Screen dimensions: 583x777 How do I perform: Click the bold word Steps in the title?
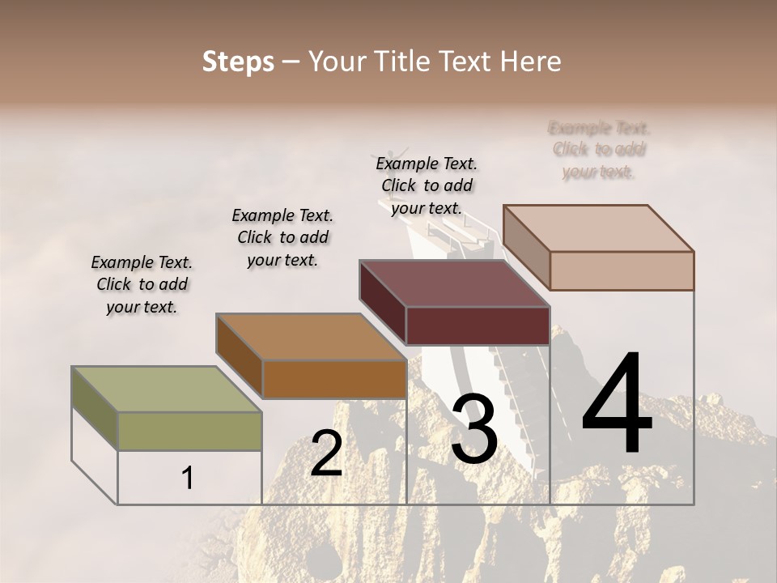coord(238,62)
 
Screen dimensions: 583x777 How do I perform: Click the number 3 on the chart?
coord(473,430)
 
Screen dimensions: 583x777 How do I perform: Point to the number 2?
coord(326,453)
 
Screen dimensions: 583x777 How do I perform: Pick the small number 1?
coord(188,479)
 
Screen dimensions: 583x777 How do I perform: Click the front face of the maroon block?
coord(478,326)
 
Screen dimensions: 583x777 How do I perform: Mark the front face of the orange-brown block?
coord(334,379)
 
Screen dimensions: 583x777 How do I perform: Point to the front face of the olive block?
coord(190,431)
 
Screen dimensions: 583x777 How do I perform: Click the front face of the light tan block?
coord(622,270)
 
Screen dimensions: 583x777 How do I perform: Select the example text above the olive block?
coord(142,284)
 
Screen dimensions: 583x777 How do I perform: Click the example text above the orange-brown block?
coord(282,237)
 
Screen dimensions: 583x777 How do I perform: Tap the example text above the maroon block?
coord(427,185)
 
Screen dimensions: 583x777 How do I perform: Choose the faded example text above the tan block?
coord(599,150)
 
